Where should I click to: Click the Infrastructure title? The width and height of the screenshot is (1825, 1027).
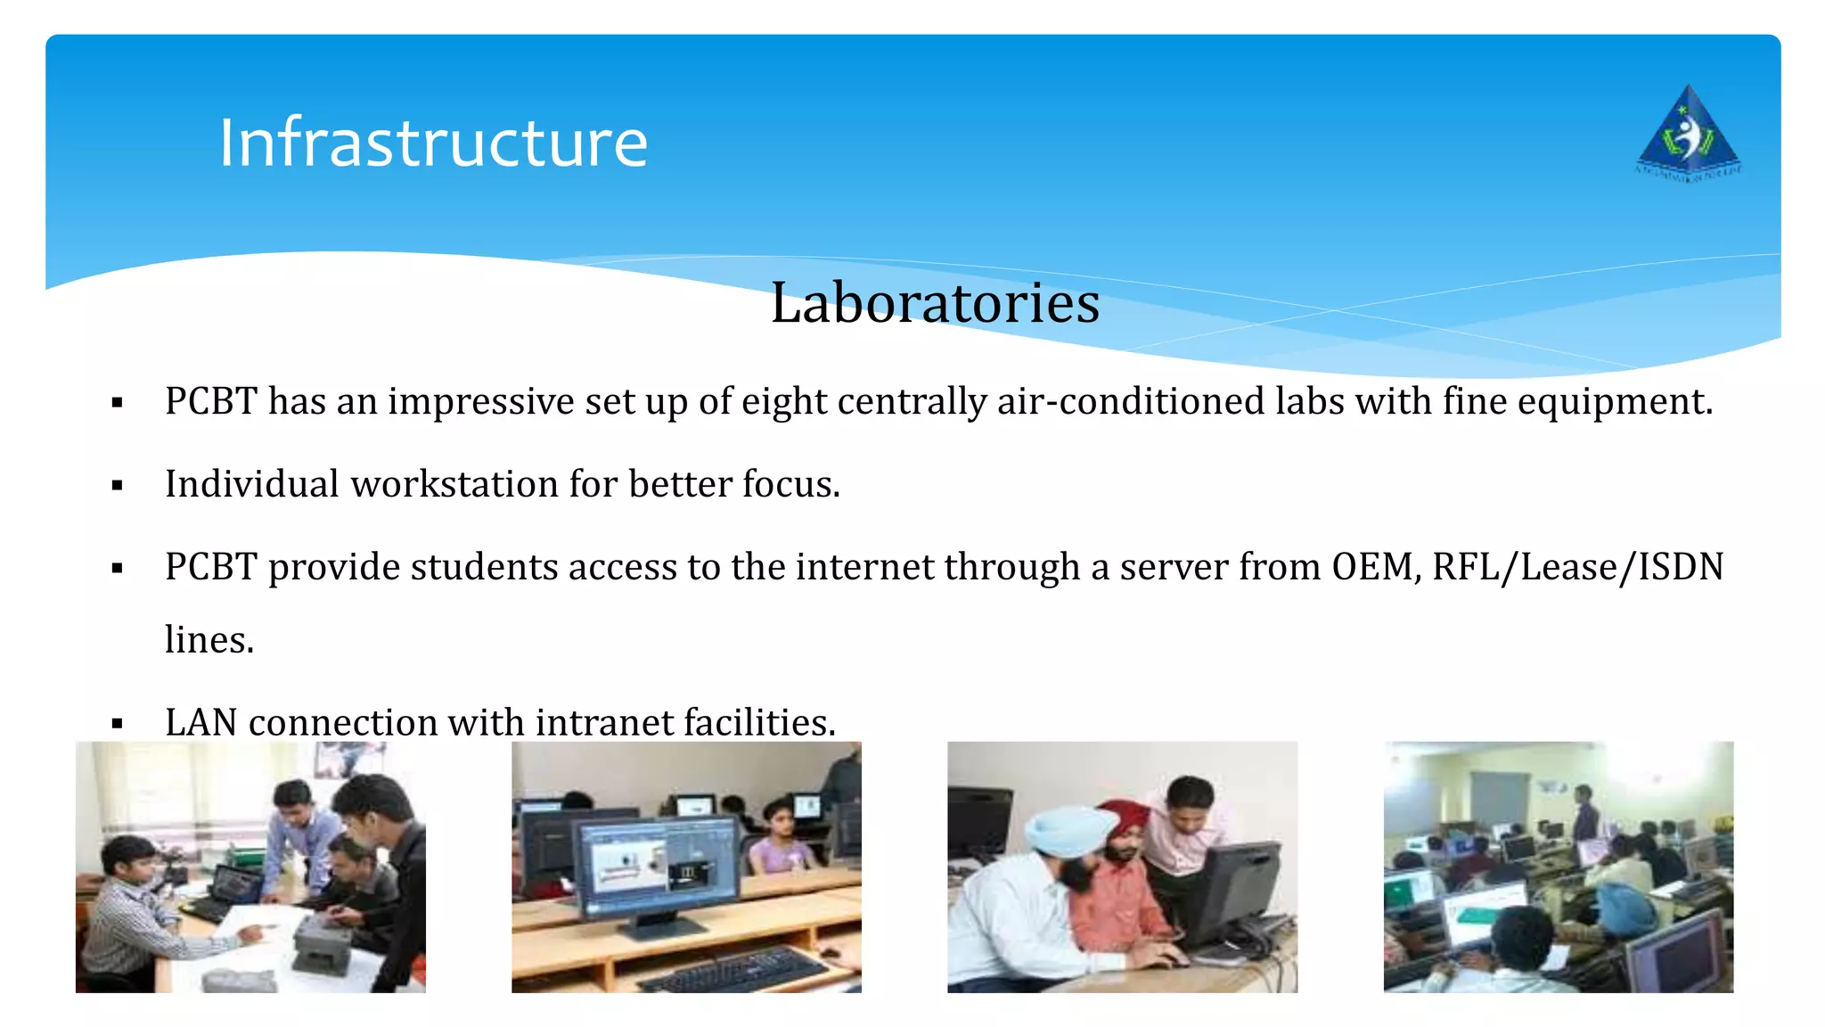pos(433,143)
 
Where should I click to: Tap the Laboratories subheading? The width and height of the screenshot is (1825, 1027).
pos(935,303)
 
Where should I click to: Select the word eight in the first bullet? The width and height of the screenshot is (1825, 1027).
pos(784,402)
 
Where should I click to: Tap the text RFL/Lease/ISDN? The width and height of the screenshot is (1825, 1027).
pos(1577,567)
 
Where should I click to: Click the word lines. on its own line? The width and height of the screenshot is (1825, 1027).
pos(209,640)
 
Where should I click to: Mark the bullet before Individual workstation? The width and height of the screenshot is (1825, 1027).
pos(117,486)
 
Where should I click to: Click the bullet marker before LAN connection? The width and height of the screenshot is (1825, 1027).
pos(117,724)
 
